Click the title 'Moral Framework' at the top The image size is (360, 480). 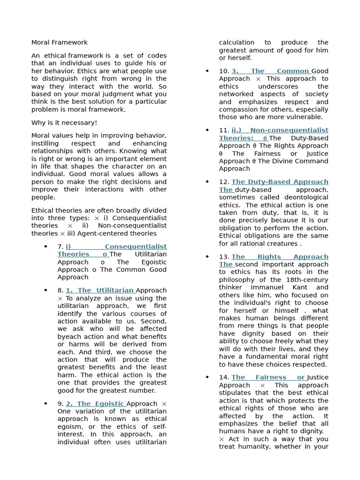[59, 43]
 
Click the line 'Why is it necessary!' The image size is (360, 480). [64, 123]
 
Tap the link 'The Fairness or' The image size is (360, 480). [268, 377]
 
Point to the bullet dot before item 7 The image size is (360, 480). [45, 247]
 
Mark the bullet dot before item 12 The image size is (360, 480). [207, 182]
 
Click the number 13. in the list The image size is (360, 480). [224, 257]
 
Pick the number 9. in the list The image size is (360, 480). [60, 404]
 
